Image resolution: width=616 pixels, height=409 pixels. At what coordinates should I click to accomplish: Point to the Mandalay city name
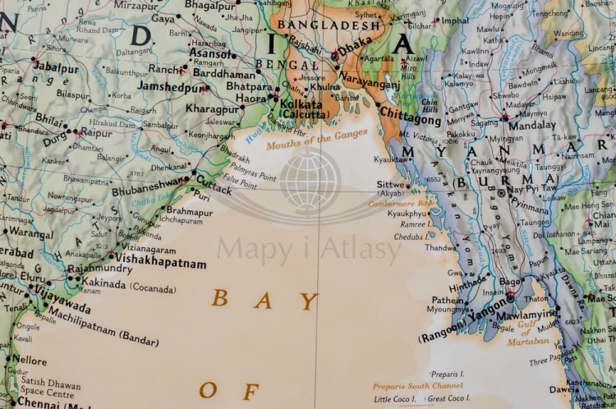[x=531, y=126]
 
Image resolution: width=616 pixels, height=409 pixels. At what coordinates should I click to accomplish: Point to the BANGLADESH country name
[x=317, y=25]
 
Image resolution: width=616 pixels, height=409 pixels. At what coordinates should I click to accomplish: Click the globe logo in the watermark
[x=310, y=182]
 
